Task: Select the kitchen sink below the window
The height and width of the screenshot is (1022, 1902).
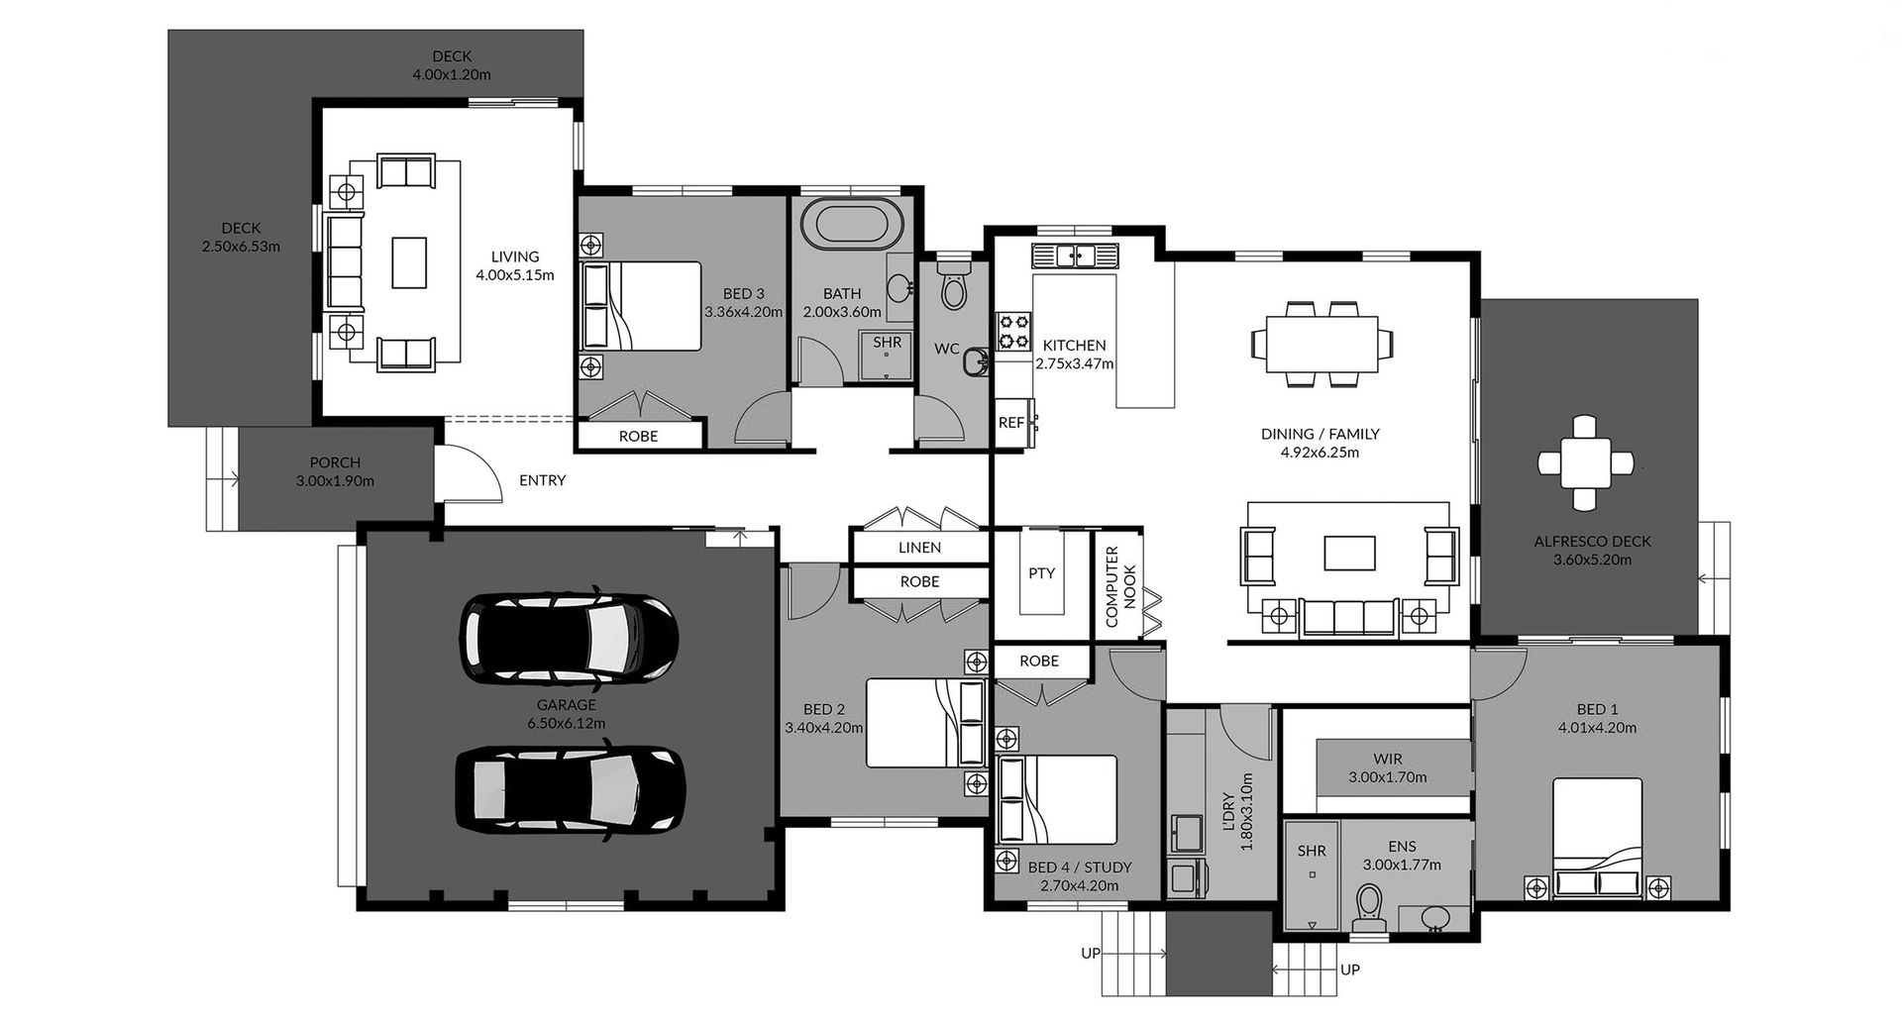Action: coord(1075,255)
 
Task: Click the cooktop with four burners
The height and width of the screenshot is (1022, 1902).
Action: coord(1013,332)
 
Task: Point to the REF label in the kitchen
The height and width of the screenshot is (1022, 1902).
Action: coord(1011,423)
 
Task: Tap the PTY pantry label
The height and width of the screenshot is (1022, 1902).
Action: coord(1041,573)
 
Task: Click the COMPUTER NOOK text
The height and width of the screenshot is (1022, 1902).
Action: coord(1120,586)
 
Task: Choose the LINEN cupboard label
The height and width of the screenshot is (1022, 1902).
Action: coord(919,548)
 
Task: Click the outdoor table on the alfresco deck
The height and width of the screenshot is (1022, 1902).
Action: coord(1585,462)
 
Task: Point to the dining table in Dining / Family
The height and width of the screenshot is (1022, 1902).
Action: coord(1321,344)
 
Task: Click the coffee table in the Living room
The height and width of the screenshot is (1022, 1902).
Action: coord(409,262)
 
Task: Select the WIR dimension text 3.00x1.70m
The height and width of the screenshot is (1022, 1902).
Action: coord(1387,777)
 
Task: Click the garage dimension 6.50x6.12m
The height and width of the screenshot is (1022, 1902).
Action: coord(566,723)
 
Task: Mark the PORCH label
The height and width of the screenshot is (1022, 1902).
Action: coord(335,462)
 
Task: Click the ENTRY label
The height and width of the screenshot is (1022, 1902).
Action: coord(543,480)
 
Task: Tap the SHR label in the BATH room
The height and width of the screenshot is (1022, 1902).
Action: coord(888,343)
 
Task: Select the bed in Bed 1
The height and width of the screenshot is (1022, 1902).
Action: coord(1598,837)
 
